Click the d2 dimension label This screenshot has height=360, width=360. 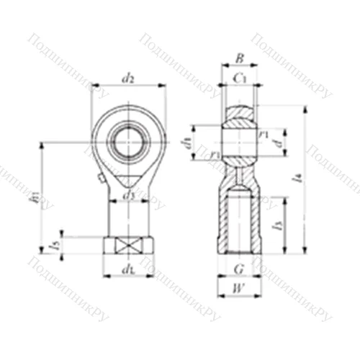tap(128, 78)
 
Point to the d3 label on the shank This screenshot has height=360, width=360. tap(128, 196)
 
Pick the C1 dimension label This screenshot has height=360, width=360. tap(240, 78)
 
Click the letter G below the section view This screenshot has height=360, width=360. tap(239, 271)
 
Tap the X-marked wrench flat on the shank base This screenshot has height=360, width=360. tap(128, 246)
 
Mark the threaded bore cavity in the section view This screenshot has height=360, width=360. tap(238, 220)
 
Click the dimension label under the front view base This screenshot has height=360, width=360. tap(128, 270)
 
